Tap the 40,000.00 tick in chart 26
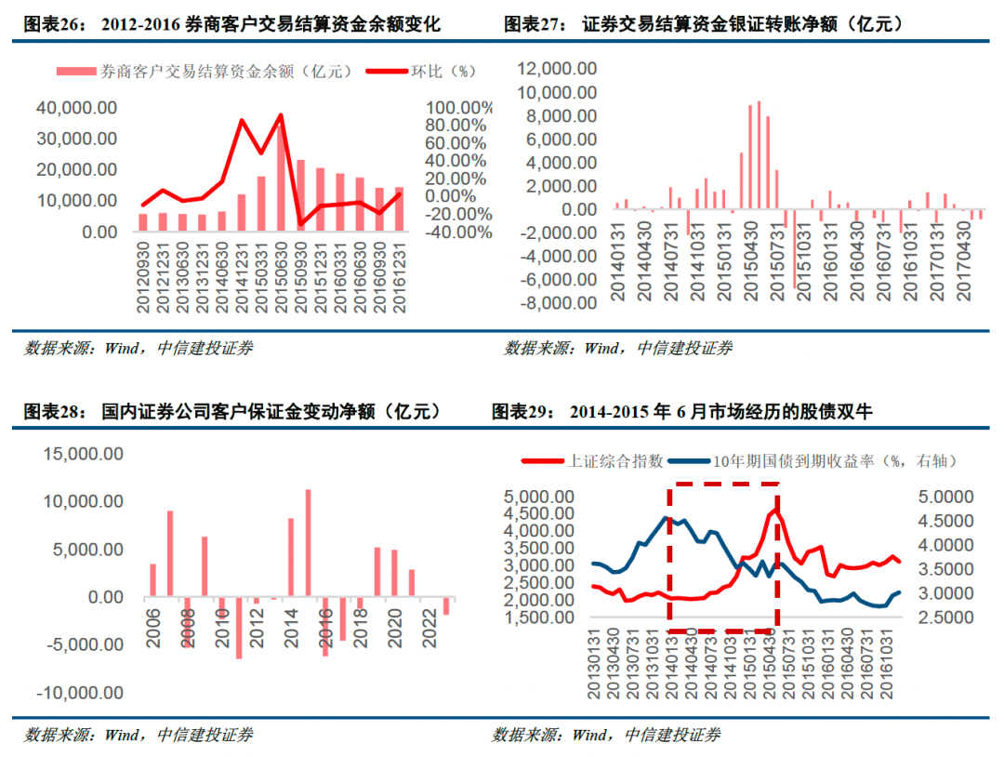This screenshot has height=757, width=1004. coord(76,108)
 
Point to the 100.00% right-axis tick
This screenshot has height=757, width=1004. coord(458,108)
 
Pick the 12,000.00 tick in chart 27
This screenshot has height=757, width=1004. coord(558,69)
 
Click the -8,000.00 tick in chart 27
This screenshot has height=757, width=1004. coord(558,303)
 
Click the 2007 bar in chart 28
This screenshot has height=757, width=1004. coord(170,553)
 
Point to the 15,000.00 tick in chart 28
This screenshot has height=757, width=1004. coord(80,454)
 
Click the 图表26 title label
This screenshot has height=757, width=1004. coord(54,24)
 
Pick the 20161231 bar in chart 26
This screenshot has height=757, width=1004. coord(399,209)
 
